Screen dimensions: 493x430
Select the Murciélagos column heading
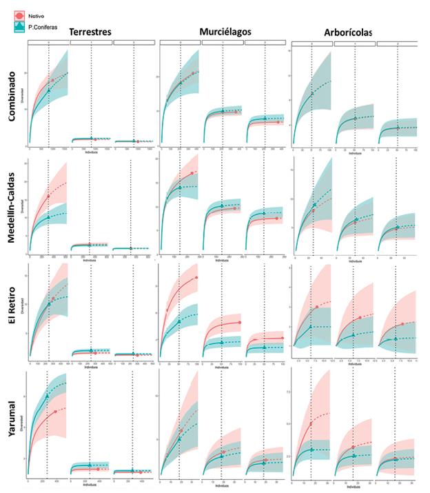point(225,32)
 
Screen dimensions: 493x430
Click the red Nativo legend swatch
point(19,14)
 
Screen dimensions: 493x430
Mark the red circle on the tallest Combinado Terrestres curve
point(52,81)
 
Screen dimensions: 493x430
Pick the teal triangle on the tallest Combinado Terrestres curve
point(48,90)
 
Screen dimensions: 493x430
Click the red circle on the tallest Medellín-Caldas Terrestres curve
point(48,196)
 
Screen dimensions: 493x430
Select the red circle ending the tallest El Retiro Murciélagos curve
point(196,277)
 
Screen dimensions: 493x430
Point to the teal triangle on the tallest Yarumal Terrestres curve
point(47,396)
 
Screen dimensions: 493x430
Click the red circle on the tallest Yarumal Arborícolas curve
point(311,423)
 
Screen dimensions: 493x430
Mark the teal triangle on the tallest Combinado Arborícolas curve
point(311,93)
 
